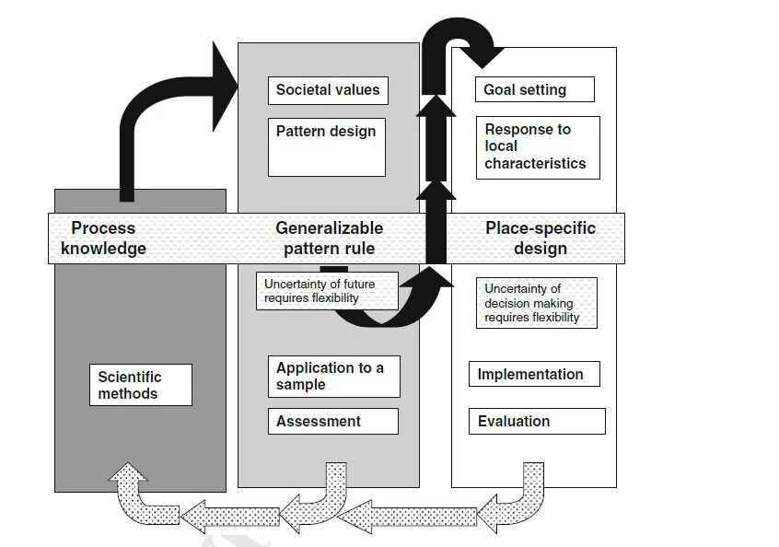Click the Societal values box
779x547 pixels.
coord(327,90)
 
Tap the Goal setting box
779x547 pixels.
coord(534,89)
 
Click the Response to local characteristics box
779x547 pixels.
coord(537,146)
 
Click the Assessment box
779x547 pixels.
coord(332,421)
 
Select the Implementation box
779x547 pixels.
coord(534,374)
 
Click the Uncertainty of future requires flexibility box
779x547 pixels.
coord(327,290)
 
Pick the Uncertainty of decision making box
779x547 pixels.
coord(536,302)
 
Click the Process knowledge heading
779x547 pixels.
coord(103,238)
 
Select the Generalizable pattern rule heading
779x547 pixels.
coord(329,238)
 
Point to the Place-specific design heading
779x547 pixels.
coord(541,238)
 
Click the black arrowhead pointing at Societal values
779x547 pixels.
coord(224,87)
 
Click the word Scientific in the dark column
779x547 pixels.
coord(130,377)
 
